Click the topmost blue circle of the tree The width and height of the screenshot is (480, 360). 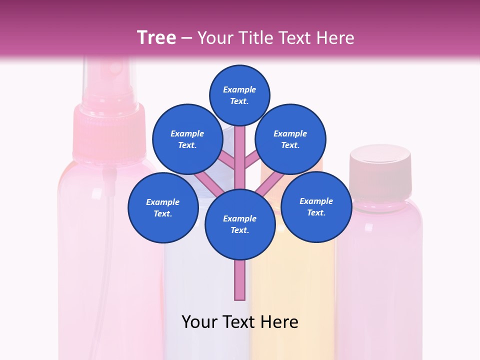pos(239,95)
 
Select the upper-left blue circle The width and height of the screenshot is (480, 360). pos(187,139)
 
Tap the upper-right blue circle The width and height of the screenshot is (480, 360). pos(290,139)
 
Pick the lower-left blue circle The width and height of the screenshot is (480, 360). pos(162,208)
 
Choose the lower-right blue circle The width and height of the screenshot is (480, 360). pos(316,207)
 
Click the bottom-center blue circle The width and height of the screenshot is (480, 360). pos(239,224)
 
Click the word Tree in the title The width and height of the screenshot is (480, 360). pos(156,37)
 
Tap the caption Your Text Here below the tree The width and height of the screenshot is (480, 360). pos(239,322)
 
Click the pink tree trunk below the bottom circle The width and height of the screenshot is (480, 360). pos(239,280)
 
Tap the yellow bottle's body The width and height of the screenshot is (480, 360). pos(292,300)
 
